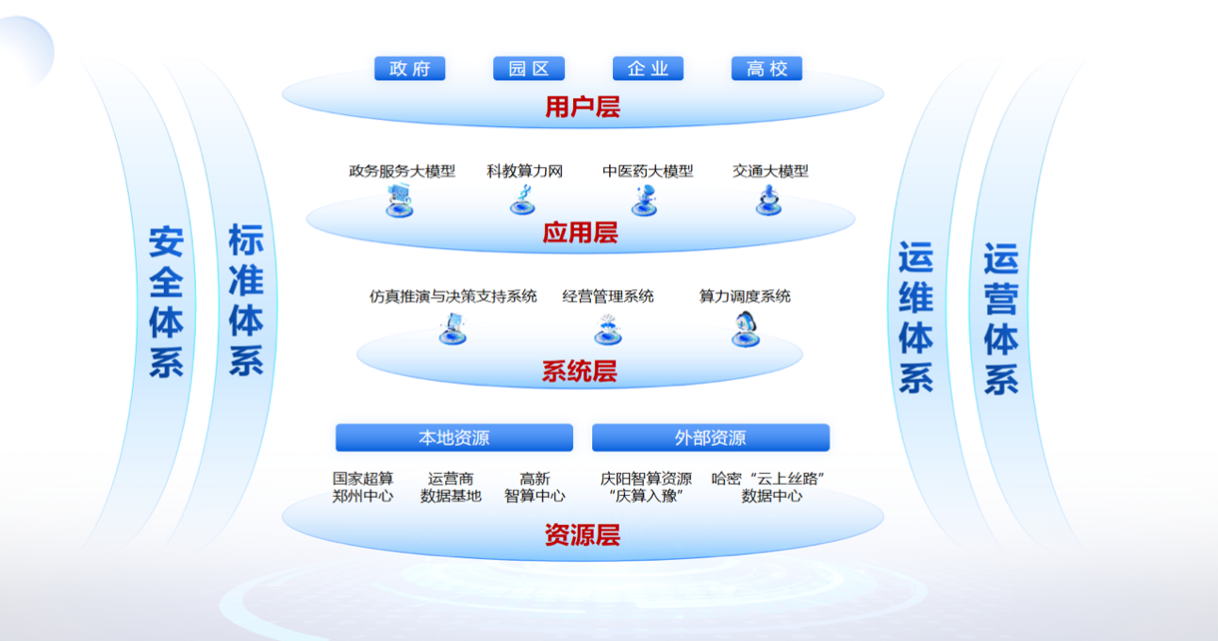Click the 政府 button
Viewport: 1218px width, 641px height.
click(409, 69)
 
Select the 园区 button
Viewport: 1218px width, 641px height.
click(529, 69)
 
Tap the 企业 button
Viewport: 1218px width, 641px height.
click(648, 69)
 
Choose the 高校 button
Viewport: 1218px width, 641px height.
click(766, 69)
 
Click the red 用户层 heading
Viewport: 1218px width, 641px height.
click(583, 107)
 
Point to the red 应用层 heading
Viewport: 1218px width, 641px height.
click(580, 233)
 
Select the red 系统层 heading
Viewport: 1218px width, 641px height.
click(580, 371)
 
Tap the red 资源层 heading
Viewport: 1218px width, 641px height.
click(583, 535)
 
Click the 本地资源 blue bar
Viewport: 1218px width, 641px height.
click(454, 437)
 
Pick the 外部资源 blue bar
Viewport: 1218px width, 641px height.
click(711, 437)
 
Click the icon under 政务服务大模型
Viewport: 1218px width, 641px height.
click(400, 200)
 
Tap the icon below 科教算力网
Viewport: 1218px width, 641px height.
click(523, 200)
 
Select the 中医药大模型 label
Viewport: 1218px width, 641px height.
click(648, 172)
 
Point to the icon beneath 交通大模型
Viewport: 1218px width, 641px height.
click(769, 200)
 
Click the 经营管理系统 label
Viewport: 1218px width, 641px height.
click(607, 296)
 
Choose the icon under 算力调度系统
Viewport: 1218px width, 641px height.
click(746, 328)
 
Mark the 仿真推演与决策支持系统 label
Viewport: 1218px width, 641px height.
click(453, 296)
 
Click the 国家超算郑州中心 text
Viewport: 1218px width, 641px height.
click(363, 487)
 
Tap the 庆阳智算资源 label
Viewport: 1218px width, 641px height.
click(646, 479)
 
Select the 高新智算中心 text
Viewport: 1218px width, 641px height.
click(535, 487)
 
